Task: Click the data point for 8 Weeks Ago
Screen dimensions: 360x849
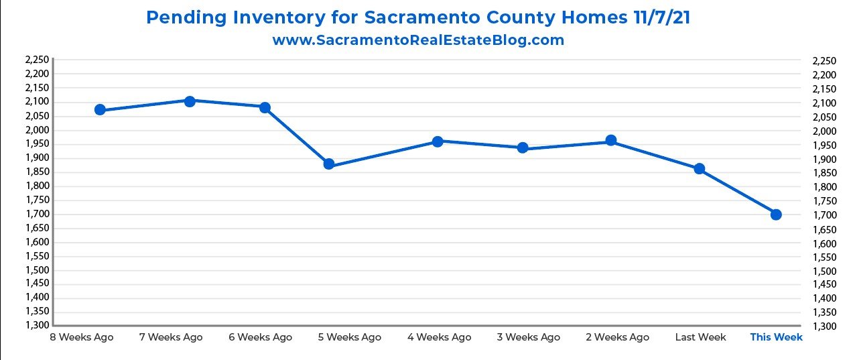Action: point(100,110)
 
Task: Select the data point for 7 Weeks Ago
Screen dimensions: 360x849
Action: point(190,101)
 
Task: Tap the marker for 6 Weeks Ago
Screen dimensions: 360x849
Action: point(265,108)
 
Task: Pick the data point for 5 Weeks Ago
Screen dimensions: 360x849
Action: point(329,164)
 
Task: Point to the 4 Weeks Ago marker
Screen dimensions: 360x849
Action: point(438,141)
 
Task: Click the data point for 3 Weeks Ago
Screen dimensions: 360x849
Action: point(523,147)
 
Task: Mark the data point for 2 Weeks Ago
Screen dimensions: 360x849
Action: point(610,141)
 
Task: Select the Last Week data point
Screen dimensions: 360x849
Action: point(699,169)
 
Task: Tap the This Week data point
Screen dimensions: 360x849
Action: point(776,215)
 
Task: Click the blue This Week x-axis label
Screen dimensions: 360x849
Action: point(776,337)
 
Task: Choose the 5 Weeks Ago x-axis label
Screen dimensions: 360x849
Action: point(349,337)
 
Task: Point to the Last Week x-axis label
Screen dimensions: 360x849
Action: point(701,337)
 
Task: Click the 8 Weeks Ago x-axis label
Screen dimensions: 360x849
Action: point(82,337)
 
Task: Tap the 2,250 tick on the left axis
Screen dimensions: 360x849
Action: point(36,60)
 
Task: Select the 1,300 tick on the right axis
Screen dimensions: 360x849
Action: point(824,326)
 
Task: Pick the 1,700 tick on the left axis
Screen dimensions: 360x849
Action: point(36,214)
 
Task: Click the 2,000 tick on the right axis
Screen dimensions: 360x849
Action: point(824,131)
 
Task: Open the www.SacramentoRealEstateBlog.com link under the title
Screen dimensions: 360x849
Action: point(418,40)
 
